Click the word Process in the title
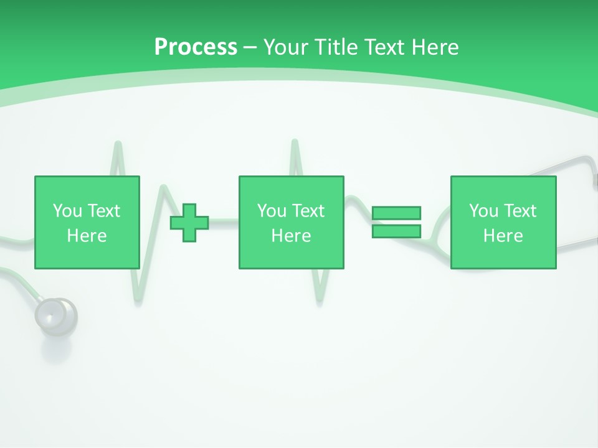pos(196,47)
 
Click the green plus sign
pos(189,223)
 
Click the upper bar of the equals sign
pos(396,213)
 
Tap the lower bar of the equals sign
pos(396,231)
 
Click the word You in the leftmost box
pos(67,211)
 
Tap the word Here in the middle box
pos(291,236)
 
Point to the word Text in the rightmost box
pos(520,211)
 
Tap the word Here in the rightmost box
pos(503,236)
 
